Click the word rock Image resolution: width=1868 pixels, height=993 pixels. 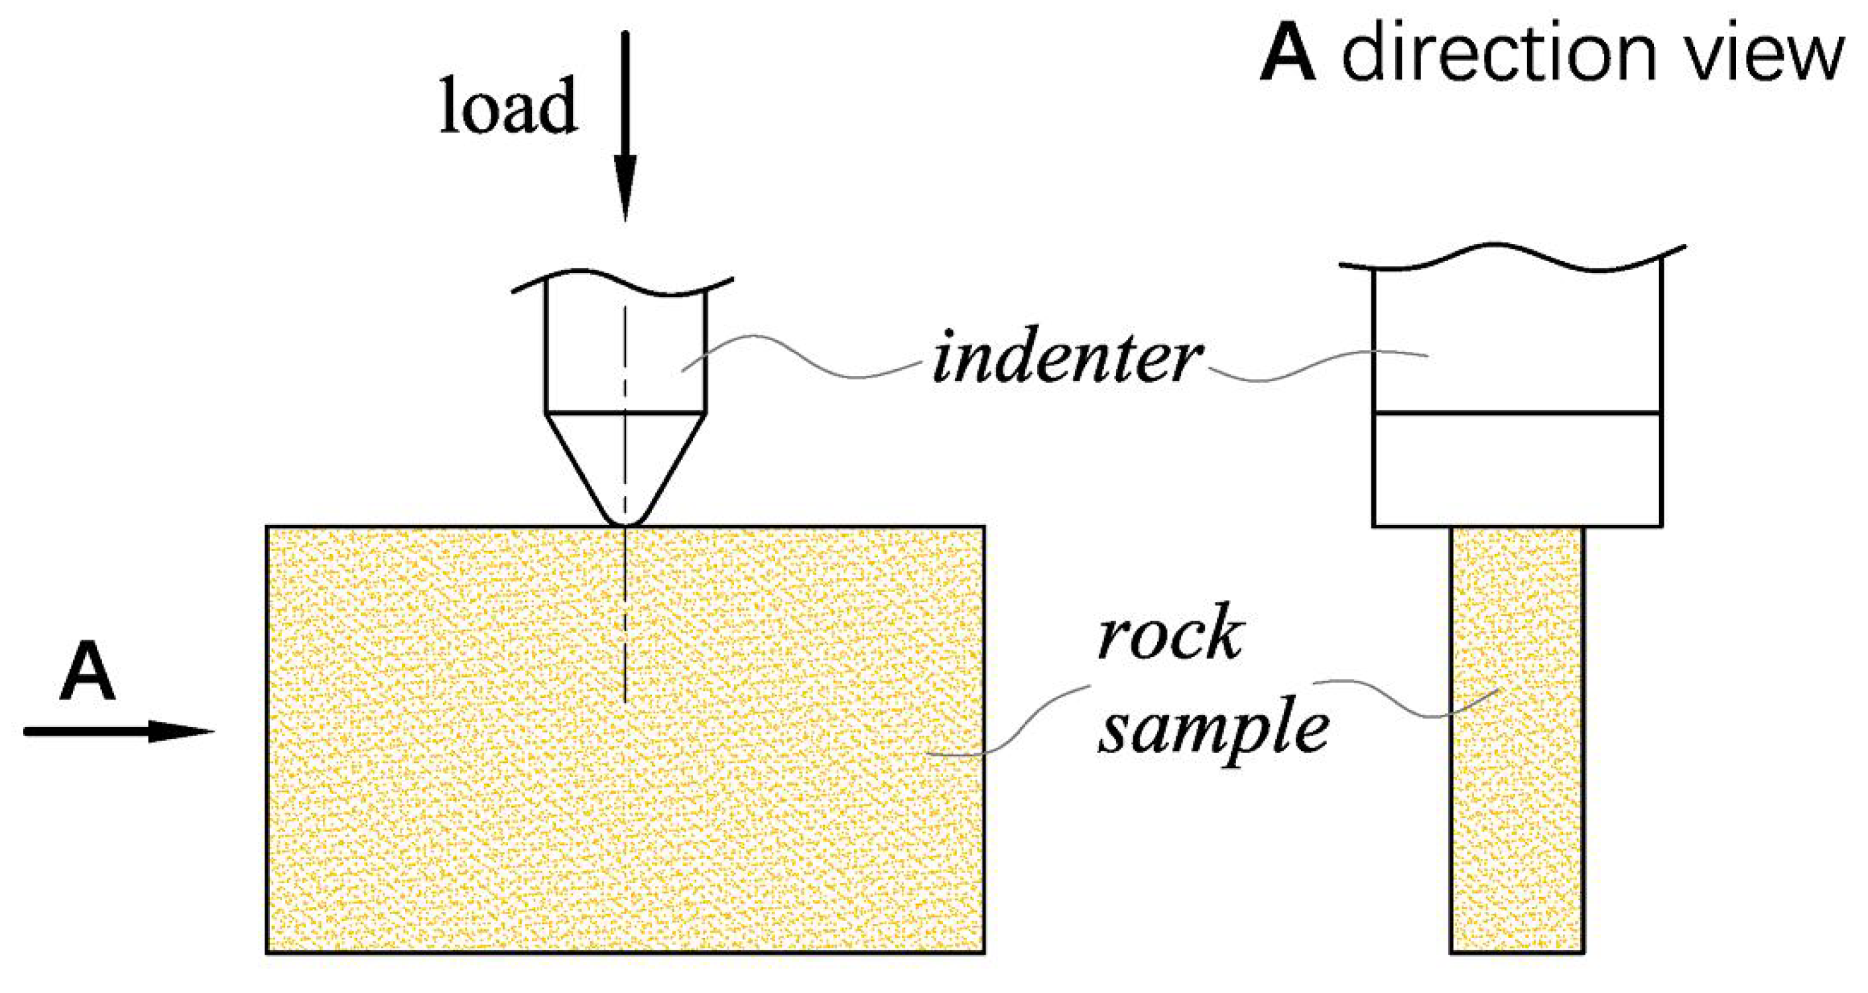click(x=1170, y=634)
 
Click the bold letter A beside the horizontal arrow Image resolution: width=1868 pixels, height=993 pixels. click(x=88, y=672)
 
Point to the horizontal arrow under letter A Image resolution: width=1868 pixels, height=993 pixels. click(x=116, y=731)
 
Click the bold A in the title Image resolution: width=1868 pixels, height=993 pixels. click(x=1288, y=56)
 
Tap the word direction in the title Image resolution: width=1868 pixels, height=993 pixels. click(x=1499, y=56)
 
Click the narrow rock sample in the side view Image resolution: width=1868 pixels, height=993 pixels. click(x=1517, y=833)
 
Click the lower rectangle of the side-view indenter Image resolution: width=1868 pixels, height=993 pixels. click(x=1517, y=470)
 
